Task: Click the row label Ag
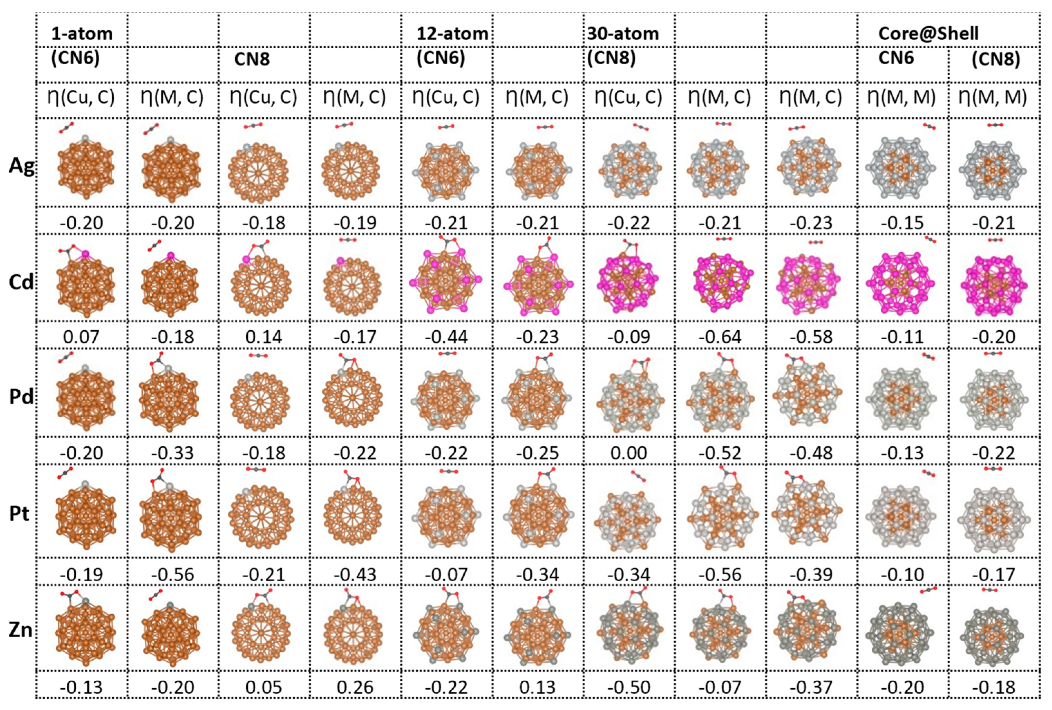click(21, 166)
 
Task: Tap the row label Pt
click(19, 514)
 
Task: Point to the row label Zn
click(21, 630)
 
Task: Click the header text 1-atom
click(82, 34)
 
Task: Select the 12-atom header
click(452, 34)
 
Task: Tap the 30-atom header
click(623, 34)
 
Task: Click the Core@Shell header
click(928, 34)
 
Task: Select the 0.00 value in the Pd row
click(628, 453)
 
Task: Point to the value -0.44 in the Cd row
click(446, 337)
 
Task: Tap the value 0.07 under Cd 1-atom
click(82, 337)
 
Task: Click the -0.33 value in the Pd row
click(172, 453)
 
